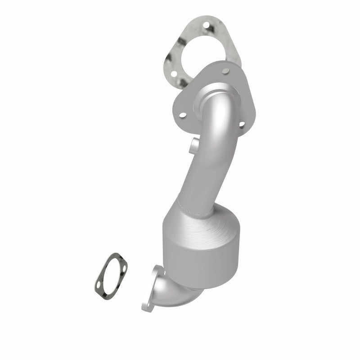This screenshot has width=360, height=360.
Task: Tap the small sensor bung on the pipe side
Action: click(x=193, y=145)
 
